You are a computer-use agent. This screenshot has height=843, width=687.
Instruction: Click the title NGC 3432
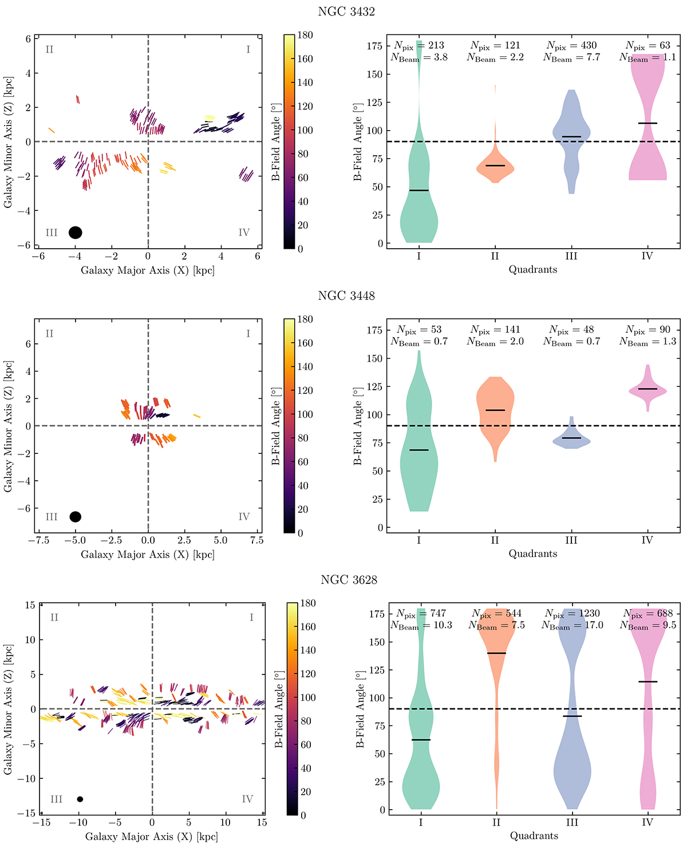point(346,11)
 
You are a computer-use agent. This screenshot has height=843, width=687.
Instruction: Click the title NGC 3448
point(346,296)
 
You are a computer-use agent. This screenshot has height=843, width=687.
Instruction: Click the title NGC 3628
point(349,580)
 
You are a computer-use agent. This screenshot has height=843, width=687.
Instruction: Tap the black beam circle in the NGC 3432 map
point(75,232)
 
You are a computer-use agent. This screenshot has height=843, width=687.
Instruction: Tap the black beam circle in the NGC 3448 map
point(75,516)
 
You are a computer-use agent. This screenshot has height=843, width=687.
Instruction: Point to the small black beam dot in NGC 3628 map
point(80,799)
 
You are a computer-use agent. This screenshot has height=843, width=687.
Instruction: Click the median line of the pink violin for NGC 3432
point(647,123)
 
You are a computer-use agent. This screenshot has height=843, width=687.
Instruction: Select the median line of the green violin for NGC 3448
point(419,450)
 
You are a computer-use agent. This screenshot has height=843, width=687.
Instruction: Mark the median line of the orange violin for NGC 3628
point(496,653)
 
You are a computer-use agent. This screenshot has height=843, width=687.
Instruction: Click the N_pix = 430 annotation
point(571,45)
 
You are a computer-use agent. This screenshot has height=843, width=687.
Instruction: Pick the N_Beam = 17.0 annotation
point(572,625)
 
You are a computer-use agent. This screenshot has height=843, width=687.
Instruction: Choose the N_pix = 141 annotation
point(495,330)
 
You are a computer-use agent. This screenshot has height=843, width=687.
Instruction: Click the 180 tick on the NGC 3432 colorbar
point(306,35)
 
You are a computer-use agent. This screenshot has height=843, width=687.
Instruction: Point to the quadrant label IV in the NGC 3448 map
point(244,517)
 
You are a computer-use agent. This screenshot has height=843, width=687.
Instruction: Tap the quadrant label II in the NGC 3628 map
point(54,617)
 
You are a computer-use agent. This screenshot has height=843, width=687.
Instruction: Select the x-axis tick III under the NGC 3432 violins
point(571,256)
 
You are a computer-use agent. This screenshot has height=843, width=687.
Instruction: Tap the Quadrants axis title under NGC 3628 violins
point(534,836)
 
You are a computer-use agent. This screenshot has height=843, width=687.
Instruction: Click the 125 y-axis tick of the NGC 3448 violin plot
point(374,387)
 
